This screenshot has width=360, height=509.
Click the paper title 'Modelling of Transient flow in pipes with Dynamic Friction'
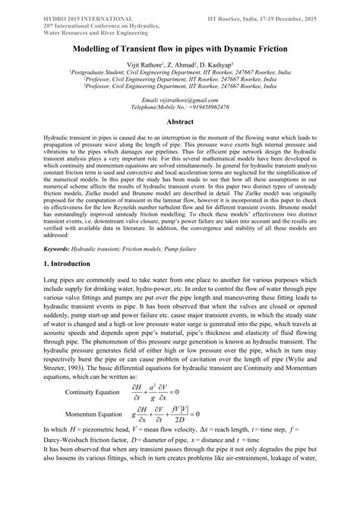[x=179, y=48]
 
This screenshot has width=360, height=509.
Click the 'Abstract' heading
[x=180, y=122]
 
